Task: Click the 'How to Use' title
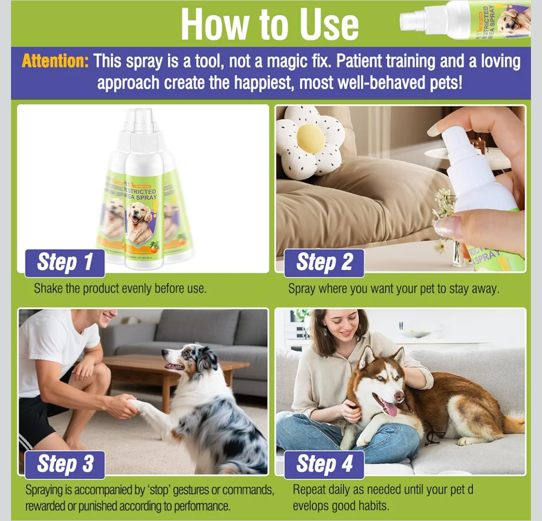270,24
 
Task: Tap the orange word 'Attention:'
55,62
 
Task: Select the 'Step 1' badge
65,263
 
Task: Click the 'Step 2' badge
324,263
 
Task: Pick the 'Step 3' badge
65,464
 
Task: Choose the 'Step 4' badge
324,464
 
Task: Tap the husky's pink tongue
391,409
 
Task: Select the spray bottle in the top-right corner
466,20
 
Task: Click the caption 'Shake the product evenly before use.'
120,289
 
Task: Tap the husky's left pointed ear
365,357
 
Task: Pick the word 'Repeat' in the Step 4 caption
311,489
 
